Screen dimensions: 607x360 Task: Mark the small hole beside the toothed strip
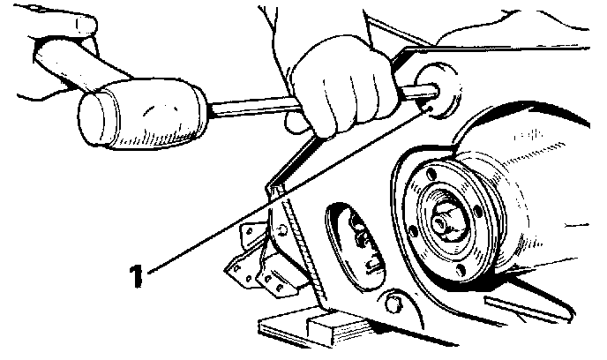point(281,230)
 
